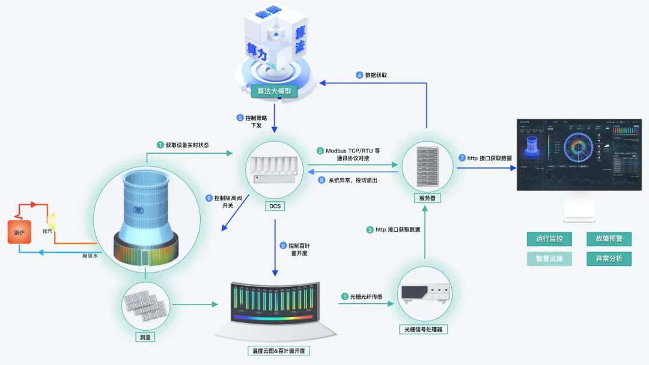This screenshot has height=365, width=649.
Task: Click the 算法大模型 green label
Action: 274,91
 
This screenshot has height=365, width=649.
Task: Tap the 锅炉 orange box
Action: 19,231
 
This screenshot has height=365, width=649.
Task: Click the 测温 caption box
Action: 146,337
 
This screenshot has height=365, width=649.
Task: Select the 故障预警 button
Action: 609,238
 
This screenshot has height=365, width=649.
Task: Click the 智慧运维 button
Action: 549,259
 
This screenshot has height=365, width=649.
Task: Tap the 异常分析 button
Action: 609,259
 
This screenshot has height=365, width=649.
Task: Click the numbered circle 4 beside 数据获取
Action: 359,75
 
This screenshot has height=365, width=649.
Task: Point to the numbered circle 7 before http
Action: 462,158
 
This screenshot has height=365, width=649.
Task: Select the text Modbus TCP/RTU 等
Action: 353,151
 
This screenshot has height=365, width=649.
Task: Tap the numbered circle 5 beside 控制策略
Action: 240,118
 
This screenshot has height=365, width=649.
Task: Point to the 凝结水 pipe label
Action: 91,256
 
